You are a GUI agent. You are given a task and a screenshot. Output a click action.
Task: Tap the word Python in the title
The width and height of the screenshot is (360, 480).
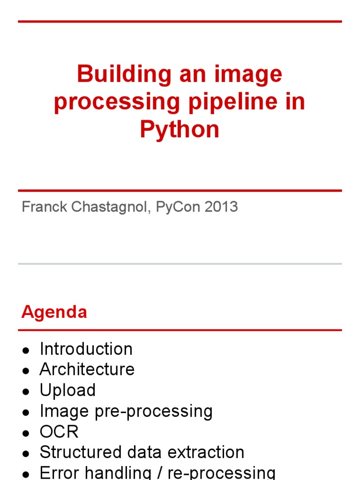(x=180, y=129)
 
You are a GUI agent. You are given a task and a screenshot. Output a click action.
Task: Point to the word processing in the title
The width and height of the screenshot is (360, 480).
(x=117, y=102)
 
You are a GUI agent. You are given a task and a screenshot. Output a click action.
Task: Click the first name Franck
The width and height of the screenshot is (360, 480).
(x=41, y=207)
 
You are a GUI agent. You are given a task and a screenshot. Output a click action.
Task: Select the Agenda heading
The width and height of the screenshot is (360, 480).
(x=54, y=312)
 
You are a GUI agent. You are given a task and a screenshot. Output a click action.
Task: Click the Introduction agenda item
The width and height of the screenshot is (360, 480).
(x=86, y=349)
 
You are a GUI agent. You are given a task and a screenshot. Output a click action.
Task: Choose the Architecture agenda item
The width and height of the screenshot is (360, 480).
(x=87, y=369)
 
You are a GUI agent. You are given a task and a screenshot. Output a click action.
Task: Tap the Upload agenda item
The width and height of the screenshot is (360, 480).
(x=67, y=390)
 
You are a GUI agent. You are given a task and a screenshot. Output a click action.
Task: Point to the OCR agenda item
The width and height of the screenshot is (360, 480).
(x=59, y=431)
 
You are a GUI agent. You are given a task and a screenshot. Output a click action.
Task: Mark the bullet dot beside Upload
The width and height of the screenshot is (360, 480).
(x=27, y=391)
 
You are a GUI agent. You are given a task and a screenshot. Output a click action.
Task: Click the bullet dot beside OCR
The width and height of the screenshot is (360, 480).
(x=27, y=433)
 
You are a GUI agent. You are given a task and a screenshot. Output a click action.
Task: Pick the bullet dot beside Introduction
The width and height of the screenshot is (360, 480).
(x=27, y=350)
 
